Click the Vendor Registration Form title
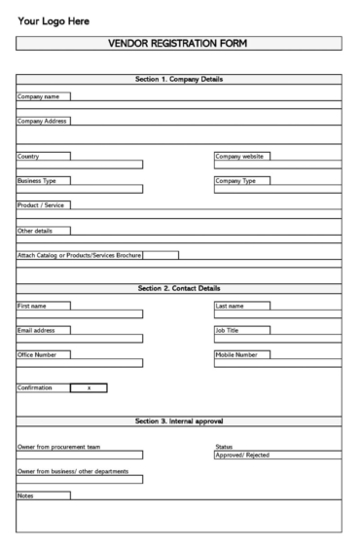coord(179,43)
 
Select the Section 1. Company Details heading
coord(179,79)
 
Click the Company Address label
coord(42,121)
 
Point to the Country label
coord(29,156)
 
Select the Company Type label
coord(235,180)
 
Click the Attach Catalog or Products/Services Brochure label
coord(80,256)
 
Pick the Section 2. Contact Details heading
coord(179,288)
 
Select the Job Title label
coord(230,330)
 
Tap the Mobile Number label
coord(236,355)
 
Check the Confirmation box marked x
coord(89,388)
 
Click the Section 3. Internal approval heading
coord(179,421)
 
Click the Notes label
coord(26,495)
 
